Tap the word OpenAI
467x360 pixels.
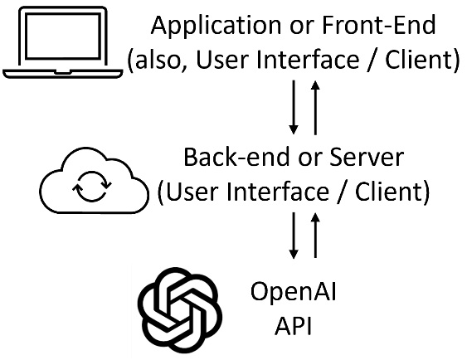tap(294, 293)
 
